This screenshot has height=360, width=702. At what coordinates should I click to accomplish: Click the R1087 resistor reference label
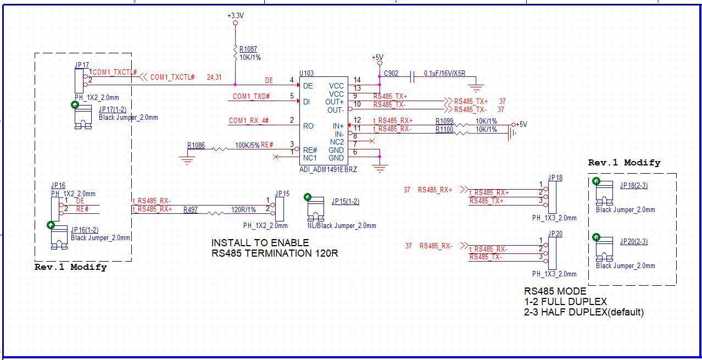(x=248, y=49)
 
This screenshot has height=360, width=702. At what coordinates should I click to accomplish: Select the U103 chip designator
(x=307, y=73)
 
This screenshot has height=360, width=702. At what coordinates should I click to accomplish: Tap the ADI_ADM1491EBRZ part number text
(x=328, y=170)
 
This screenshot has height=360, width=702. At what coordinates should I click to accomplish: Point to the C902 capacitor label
(x=391, y=74)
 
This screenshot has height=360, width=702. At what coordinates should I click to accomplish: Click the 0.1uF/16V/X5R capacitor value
(x=445, y=74)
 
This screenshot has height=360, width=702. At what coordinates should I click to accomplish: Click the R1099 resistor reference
(x=444, y=121)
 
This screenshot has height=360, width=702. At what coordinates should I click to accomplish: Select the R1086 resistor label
(x=196, y=145)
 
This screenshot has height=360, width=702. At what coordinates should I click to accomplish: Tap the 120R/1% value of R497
(x=243, y=209)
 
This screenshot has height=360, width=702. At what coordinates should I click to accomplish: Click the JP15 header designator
(x=282, y=193)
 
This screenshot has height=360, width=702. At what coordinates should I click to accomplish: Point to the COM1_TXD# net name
(x=252, y=96)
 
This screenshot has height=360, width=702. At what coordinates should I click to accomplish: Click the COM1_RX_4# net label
(x=249, y=120)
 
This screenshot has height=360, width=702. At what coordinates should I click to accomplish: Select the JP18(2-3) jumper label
(x=634, y=185)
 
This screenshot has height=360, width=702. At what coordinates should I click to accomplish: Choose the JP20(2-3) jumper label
(x=634, y=241)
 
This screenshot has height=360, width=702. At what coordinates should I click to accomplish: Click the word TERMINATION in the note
(x=278, y=253)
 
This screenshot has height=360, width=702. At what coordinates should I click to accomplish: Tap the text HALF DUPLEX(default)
(x=592, y=312)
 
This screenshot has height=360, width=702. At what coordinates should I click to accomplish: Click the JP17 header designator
(x=82, y=65)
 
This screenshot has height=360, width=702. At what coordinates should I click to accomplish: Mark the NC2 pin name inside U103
(x=337, y=142)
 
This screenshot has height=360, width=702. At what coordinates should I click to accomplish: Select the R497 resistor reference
(x=191, y=209)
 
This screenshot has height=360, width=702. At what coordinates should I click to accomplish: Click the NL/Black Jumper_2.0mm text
(x=342, y=225)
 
